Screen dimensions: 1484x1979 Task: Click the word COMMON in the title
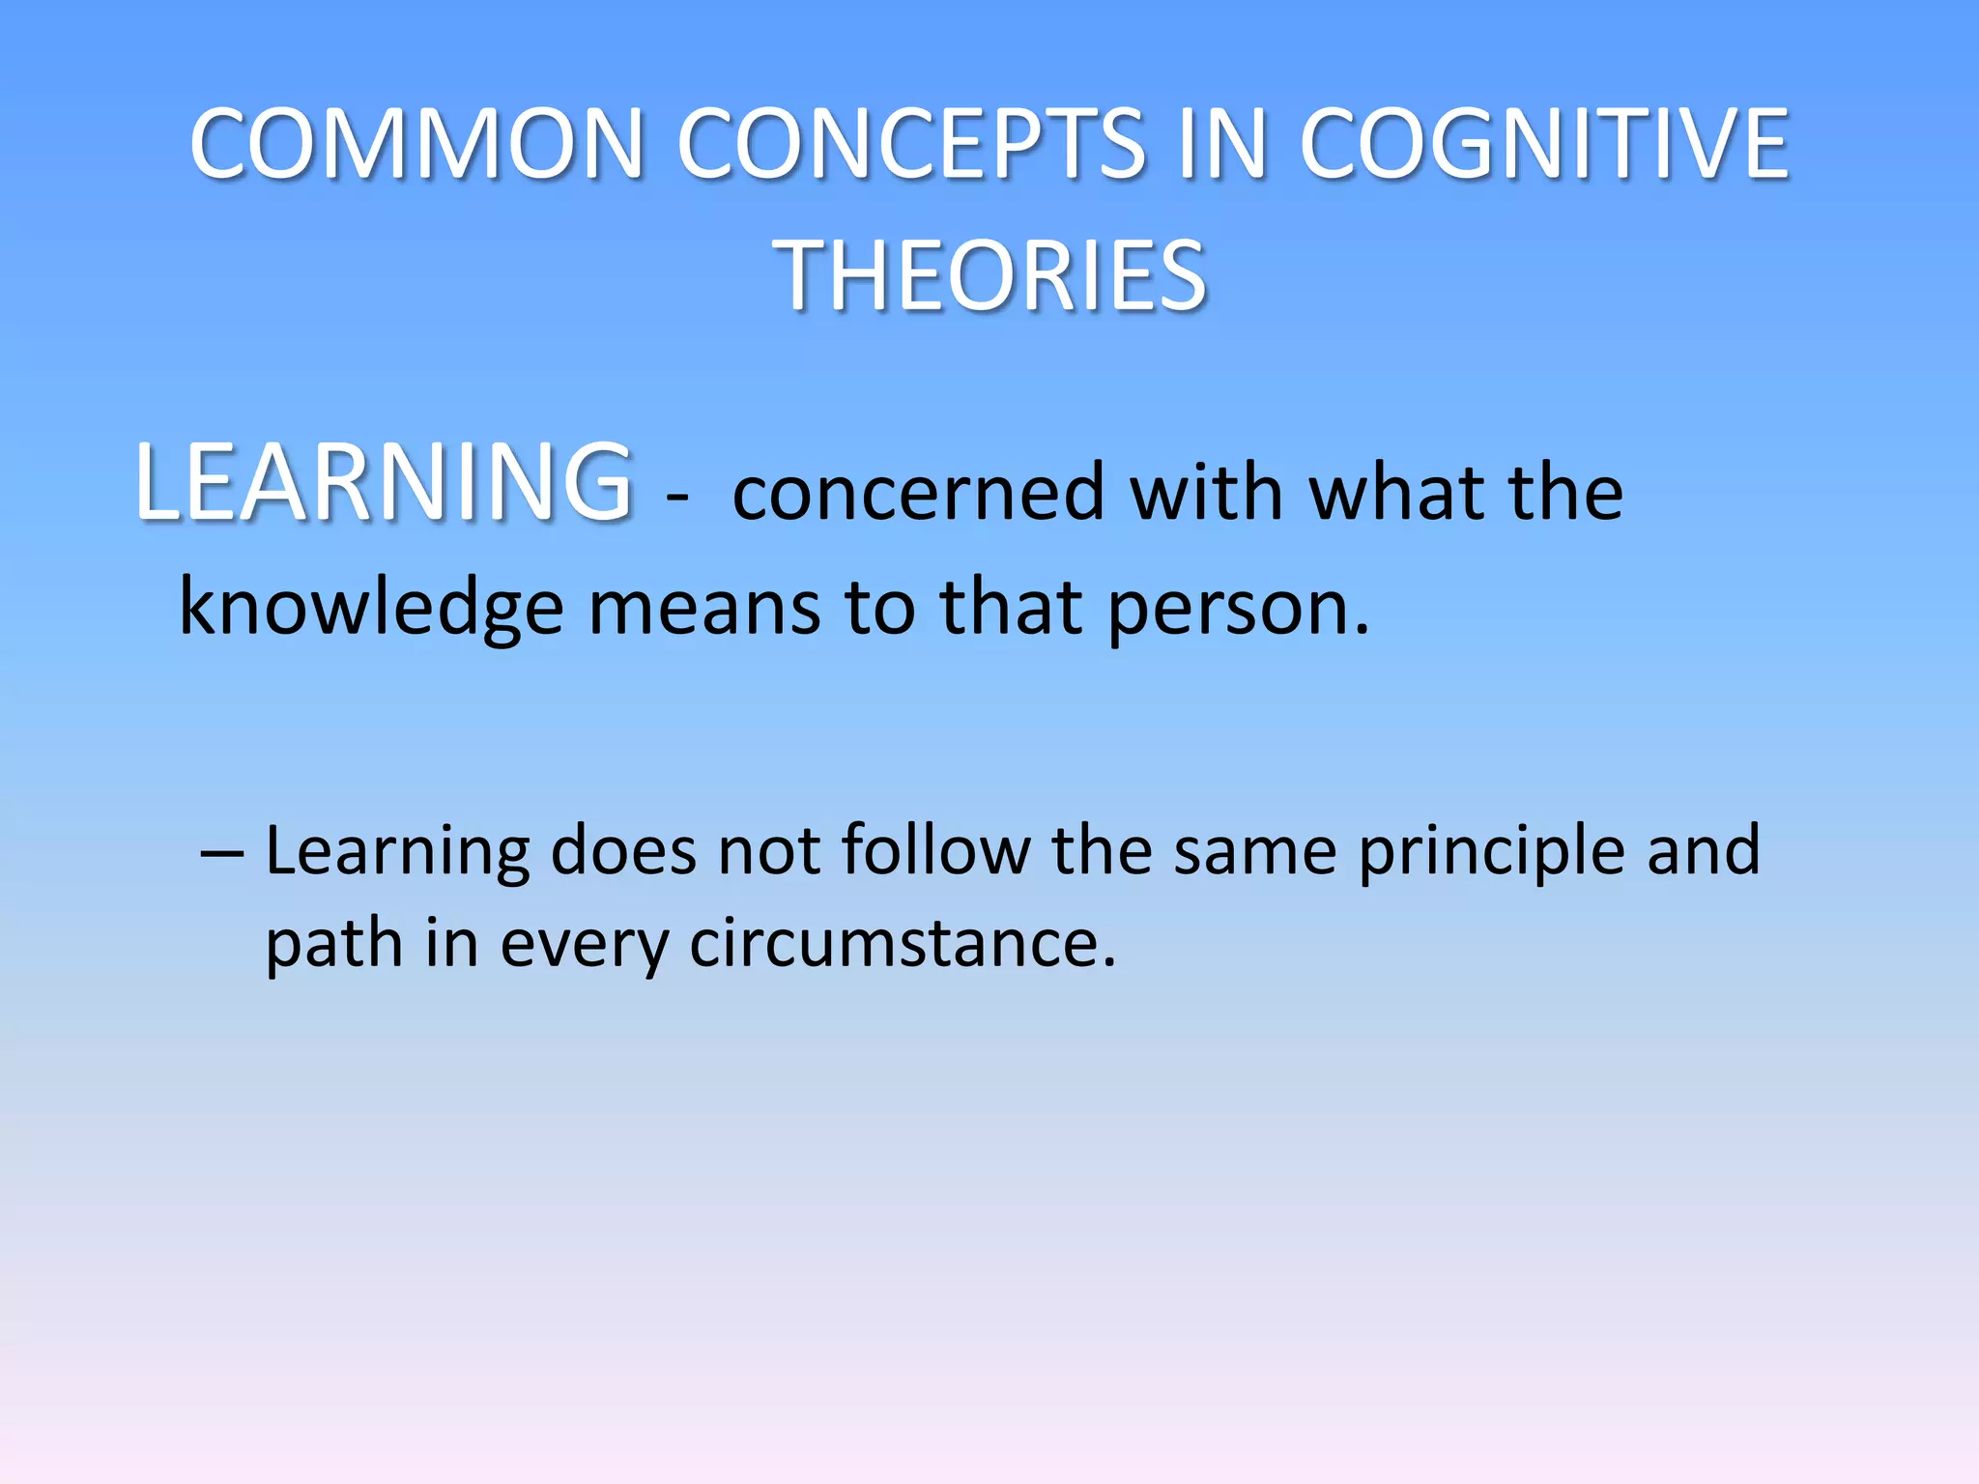click(416, 144)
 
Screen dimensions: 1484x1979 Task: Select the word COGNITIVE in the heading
click(1544, 144)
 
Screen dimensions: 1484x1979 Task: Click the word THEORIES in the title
click(989, 277)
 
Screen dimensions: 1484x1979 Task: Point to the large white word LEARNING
click(384, 482)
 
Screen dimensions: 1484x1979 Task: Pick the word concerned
click(917, 493)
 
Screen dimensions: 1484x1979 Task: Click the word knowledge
click(371, 609)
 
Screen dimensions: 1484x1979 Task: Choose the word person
click(1237, 609)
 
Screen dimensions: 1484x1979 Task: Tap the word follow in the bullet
click(935, 850)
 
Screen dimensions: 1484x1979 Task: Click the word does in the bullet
click(622, 850)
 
